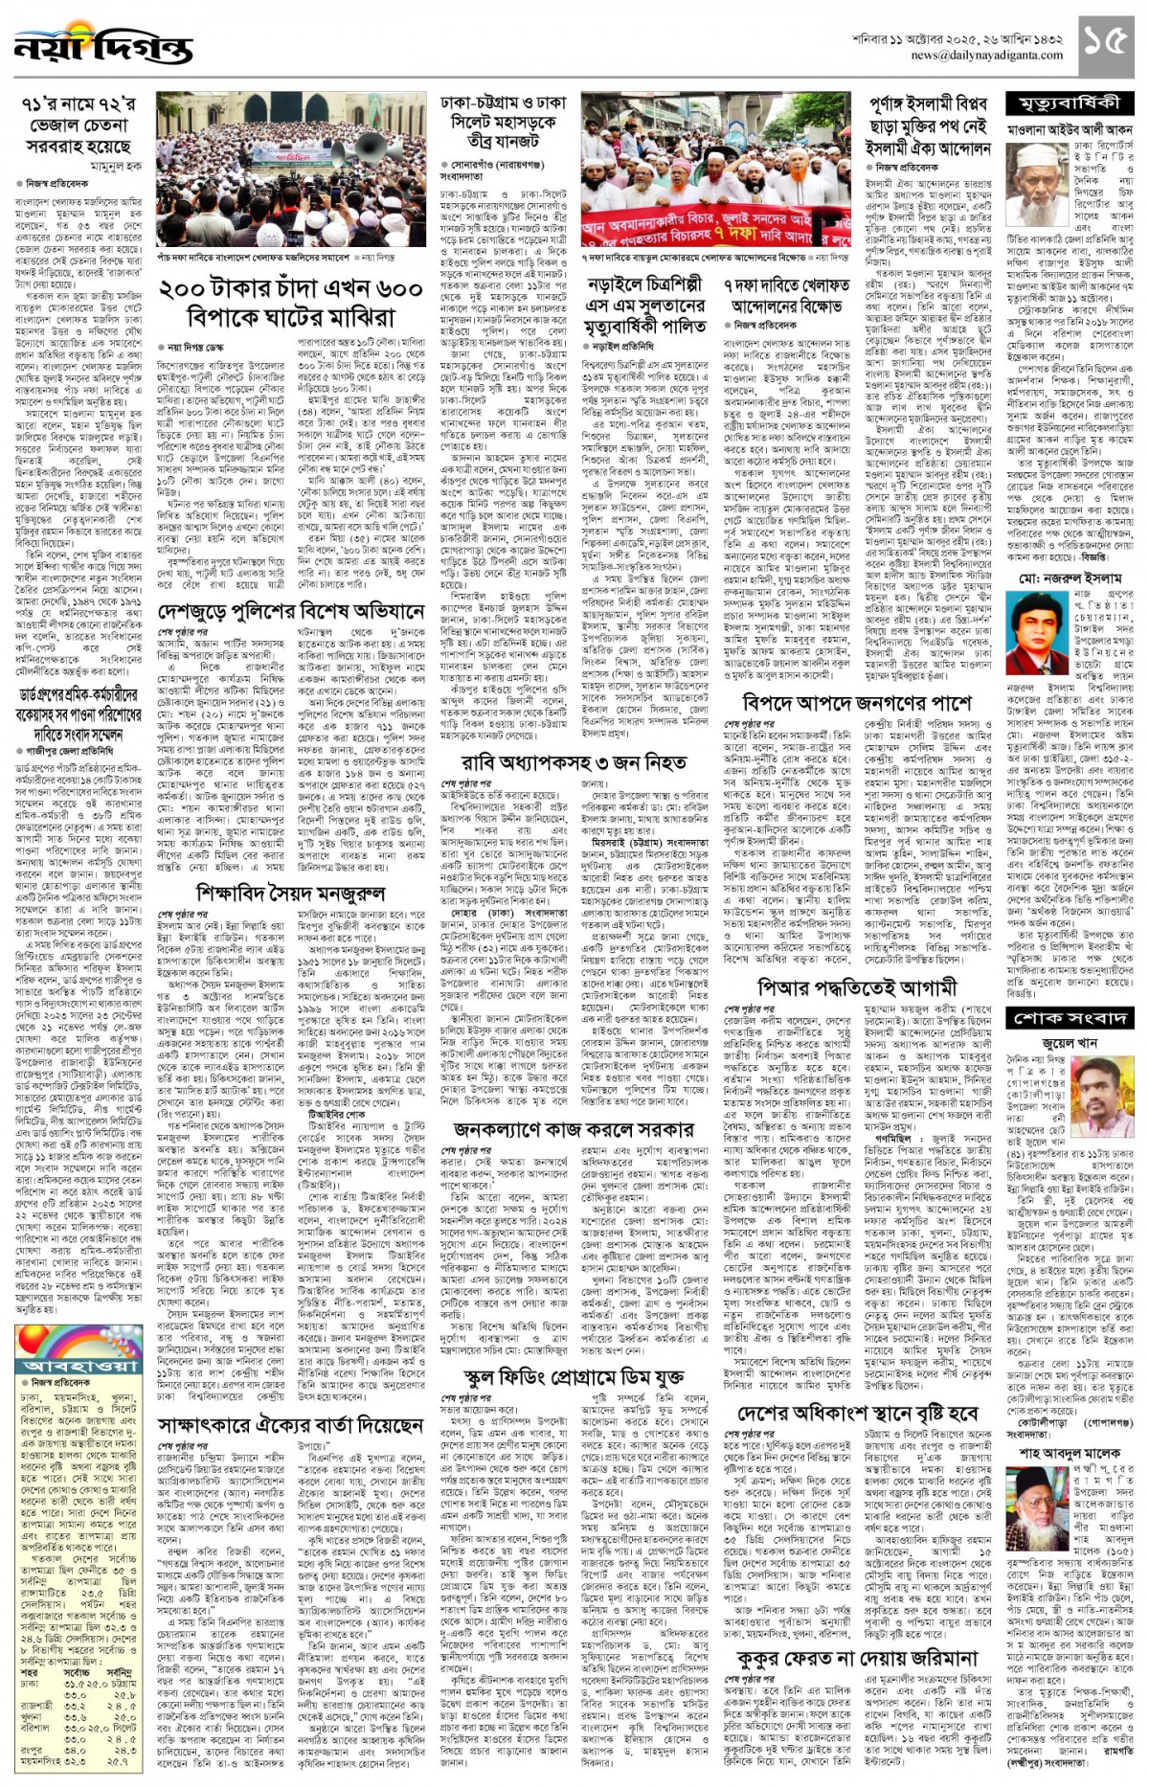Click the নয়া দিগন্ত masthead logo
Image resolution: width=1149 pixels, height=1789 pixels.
103,45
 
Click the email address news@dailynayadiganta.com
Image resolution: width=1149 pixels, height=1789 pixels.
986,56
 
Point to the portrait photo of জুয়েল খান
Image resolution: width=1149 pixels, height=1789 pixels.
1101,1088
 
